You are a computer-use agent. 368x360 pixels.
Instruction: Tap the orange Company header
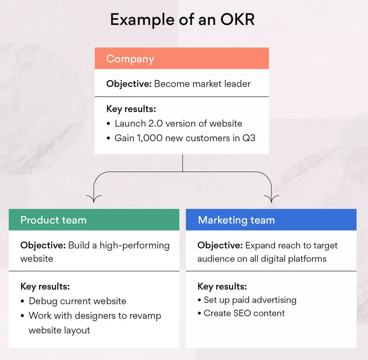click(x=182, y=59)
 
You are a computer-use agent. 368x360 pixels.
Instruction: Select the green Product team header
click(x=94, y=220)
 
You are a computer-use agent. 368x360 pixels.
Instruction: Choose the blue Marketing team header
click(x=271, y=220)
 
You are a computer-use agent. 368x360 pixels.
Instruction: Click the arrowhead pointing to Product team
click(x=94, y=199)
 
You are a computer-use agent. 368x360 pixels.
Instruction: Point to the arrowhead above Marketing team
click(x=272, y=199)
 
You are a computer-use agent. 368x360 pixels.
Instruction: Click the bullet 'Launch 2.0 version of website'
click(x=178, y=123)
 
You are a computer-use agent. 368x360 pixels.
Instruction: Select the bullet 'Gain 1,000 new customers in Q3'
click(x=184, y=138)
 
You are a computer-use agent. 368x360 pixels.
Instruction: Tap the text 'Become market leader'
click(x=202, y=84)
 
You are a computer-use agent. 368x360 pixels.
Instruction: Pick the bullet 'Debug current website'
click(x=77, y=301)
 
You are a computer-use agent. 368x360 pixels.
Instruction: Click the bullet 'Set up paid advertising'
click(x=250, y=300)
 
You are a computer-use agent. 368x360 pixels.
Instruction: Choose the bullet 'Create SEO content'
click(x=244, y=313)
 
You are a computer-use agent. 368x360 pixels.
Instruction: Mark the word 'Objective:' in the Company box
click(x=129, y=84)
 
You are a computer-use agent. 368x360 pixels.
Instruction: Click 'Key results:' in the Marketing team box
click(x=222, y=287)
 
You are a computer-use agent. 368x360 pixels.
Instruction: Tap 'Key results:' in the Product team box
click(x=45, y=287)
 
